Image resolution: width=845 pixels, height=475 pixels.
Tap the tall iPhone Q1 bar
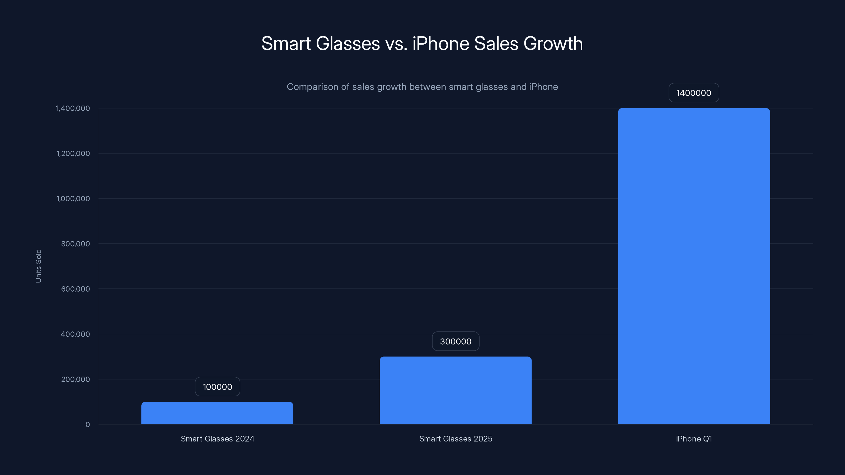694,266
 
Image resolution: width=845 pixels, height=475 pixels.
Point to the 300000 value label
455,341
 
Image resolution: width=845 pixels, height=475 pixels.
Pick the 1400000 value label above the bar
693,93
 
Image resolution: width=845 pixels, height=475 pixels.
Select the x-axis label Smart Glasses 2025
455,439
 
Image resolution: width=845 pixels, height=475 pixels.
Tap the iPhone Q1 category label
694,439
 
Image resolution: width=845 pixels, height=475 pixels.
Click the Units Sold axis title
38,266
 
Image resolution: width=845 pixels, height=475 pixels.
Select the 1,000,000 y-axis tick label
73,199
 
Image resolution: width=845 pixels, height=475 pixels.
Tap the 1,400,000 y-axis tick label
73,108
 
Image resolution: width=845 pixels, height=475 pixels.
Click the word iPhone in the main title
440,43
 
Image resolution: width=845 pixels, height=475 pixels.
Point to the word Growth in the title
553,43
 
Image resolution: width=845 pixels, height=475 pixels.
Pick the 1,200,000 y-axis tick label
73,153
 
